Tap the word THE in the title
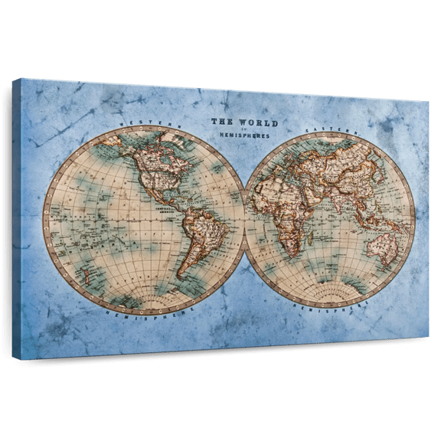point(224,121)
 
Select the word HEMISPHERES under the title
point(245,136)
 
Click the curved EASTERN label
point(327,132)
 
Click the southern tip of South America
point(181,276)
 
